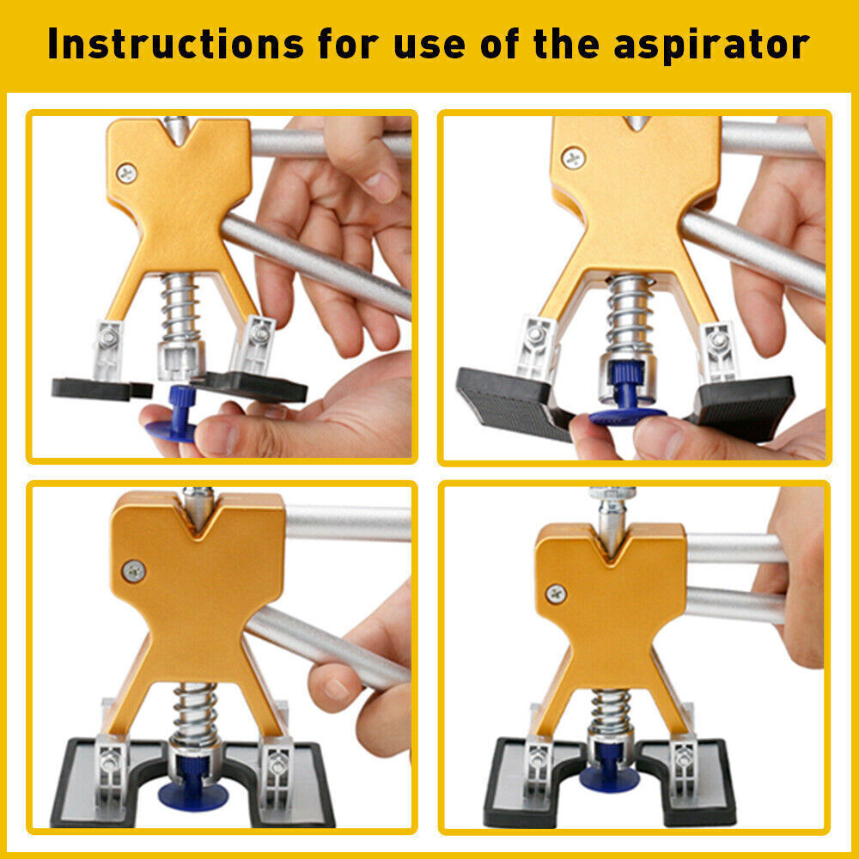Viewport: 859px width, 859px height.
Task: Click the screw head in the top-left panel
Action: coord(127,171)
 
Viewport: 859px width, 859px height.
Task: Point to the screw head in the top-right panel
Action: coord(572,157)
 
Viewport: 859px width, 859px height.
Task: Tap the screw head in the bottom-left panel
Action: coord(134,570)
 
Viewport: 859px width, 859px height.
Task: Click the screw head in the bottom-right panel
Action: coord(556,593)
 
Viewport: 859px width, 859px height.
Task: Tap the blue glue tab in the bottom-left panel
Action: coord(192,792)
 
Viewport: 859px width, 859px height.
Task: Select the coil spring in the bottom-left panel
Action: coord(195,712)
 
